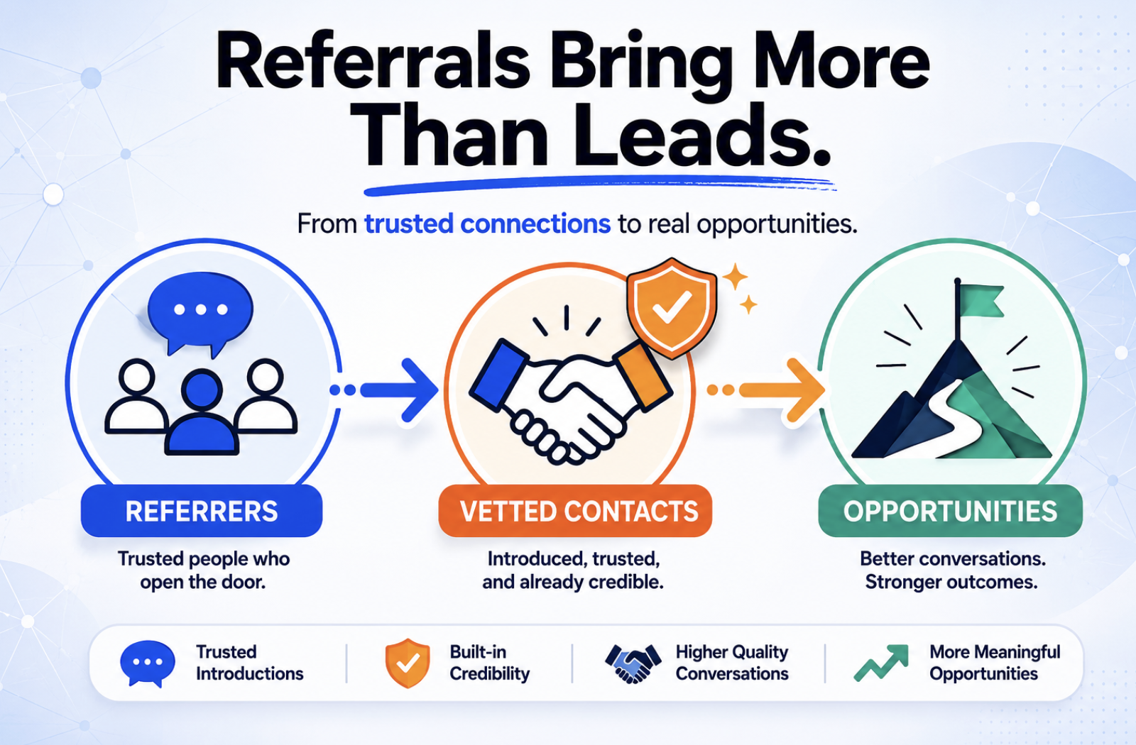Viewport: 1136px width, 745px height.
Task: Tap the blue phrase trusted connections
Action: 487,223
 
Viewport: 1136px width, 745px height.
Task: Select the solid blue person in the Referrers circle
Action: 202,412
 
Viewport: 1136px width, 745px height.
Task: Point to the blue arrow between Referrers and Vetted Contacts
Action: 384,390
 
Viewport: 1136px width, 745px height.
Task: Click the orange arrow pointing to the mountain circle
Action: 766,390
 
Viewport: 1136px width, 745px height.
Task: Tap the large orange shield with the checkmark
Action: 672,308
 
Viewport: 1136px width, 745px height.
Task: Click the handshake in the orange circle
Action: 571,400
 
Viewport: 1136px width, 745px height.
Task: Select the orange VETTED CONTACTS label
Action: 575,511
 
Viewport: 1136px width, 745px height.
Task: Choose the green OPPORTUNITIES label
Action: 951,511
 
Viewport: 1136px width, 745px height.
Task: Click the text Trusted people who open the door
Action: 203,570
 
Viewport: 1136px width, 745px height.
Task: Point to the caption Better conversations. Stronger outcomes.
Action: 952,570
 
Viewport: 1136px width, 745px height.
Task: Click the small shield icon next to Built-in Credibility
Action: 408,663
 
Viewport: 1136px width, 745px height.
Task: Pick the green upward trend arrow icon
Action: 881,663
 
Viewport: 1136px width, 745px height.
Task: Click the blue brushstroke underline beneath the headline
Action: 599,184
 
